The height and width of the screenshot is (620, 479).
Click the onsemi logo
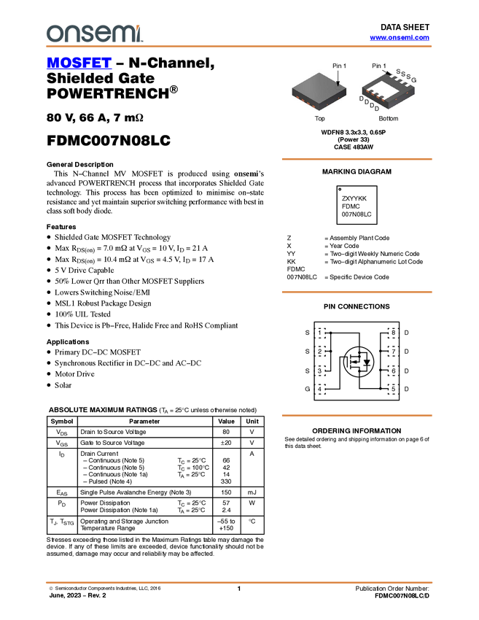click(93, 34)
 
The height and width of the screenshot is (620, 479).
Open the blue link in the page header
click(400, 38)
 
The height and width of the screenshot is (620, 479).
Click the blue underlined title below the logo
click(79, 64)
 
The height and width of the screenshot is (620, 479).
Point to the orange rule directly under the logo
click(238, 47)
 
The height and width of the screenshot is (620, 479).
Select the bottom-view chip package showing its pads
click(388, 92)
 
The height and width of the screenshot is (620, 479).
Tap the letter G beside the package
click(414, 79)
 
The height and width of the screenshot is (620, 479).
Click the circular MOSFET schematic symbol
click(359, 362)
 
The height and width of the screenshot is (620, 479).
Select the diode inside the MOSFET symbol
click(367, 362)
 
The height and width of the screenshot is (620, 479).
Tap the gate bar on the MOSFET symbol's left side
click(350, 362)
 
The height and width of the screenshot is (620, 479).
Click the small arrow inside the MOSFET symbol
click(356, 362)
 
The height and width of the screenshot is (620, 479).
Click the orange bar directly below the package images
click(357, 158)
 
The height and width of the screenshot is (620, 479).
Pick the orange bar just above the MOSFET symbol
click(357, 292)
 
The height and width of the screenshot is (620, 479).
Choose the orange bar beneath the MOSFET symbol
click(357, 415)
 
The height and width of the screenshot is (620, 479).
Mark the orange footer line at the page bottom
click(238, 583)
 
